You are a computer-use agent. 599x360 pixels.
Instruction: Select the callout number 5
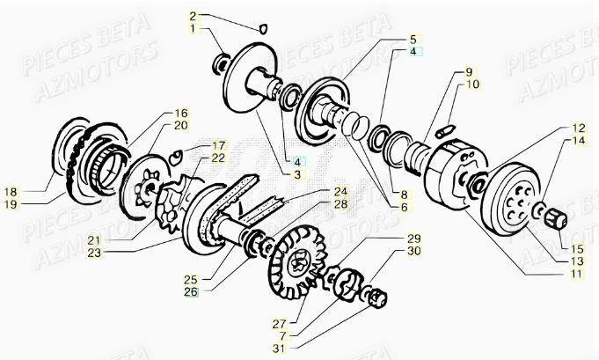click(x=413, y=40)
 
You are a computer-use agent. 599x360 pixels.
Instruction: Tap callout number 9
click(x=469, y=71)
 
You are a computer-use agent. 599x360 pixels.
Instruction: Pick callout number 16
click(x=180, y=114)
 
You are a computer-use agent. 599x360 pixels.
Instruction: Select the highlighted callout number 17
click(x=218, y=145)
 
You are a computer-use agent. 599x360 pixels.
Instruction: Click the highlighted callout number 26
click(x=191, y=291)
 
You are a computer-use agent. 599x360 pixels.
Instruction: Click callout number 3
click(x=298, y=175)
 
